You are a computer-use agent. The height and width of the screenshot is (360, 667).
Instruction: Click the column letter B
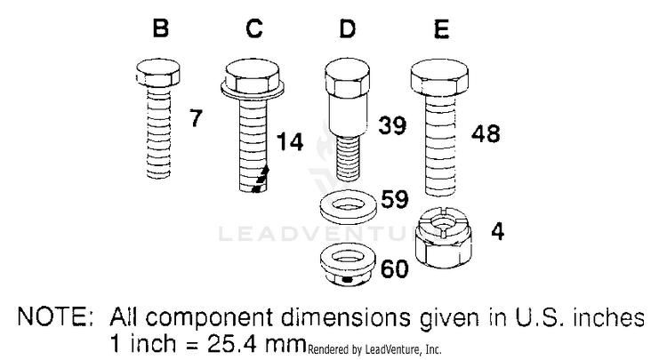pyautogui.click(x=160, y=28)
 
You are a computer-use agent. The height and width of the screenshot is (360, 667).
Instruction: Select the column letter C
pyautogui.click(x=254, y=28)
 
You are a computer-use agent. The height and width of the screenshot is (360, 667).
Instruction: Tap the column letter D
pyautogui.click(x=348, y=28)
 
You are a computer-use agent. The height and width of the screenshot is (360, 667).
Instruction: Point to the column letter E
pyautogui.click(x=441, y=29)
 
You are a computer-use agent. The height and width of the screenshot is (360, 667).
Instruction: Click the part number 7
pyautogui.click(x=196, y=118)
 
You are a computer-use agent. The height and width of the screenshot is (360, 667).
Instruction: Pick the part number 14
pyautogui.click(x=290, y=141)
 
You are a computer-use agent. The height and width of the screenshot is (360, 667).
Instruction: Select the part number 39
pyautogui.click(x=392, y=125)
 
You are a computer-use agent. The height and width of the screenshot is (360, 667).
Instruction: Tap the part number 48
pyautogui.click(x=486, y=133)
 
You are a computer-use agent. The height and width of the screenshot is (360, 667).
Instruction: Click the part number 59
pyautogui.click(x=395, y=199)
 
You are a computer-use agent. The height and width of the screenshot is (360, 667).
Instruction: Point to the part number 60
pyautogui.click(x=395, y=268)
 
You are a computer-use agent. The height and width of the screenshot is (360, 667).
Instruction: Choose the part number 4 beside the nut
pyautogui.click(x=497, y=232)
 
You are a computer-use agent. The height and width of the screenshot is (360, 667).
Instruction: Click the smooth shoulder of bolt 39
pyautogui.click(x=347, y=114)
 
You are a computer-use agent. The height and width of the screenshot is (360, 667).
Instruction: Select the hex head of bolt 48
pyautogui.click(x=439, y=78)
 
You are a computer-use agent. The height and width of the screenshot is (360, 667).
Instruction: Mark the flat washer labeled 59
pyautogui.click(x=348, y=207)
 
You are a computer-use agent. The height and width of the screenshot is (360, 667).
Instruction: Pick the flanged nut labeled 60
pyautogui.click(x=348, y=265)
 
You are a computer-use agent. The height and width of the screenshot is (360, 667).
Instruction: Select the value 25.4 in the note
pyautogui.click(x=232, y=343)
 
